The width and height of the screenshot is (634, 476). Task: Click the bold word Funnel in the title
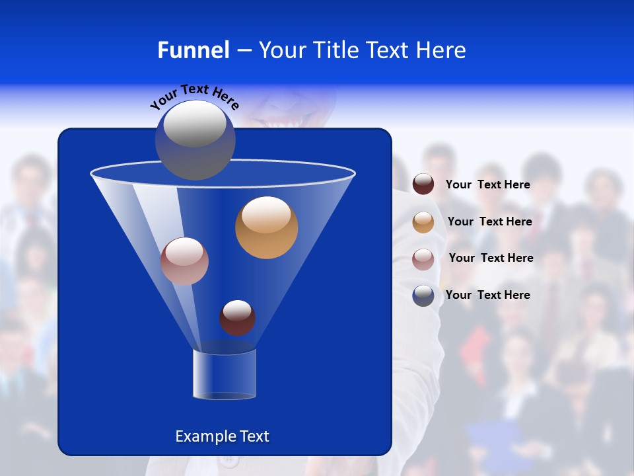193,50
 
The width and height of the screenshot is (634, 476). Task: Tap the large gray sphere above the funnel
195,139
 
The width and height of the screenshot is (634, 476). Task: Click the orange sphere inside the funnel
266,227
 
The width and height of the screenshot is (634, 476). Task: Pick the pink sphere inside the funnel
184,261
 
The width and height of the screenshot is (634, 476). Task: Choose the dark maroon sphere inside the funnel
237,317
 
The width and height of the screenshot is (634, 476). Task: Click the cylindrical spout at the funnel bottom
225,374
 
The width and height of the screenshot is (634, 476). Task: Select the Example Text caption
222,436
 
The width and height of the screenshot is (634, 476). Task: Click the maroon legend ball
423,184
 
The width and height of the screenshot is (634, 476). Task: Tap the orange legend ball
423,221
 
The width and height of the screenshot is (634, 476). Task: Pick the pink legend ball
423,258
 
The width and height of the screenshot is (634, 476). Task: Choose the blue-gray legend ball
423,296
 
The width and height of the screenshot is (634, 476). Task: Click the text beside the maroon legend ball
487,185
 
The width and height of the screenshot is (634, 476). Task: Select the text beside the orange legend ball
489,222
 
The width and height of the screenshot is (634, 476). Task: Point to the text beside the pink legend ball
491,258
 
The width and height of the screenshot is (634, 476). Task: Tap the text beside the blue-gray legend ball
487,296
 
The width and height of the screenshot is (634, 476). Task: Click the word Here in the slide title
442,50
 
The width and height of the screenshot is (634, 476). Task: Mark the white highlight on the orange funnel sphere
266,214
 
